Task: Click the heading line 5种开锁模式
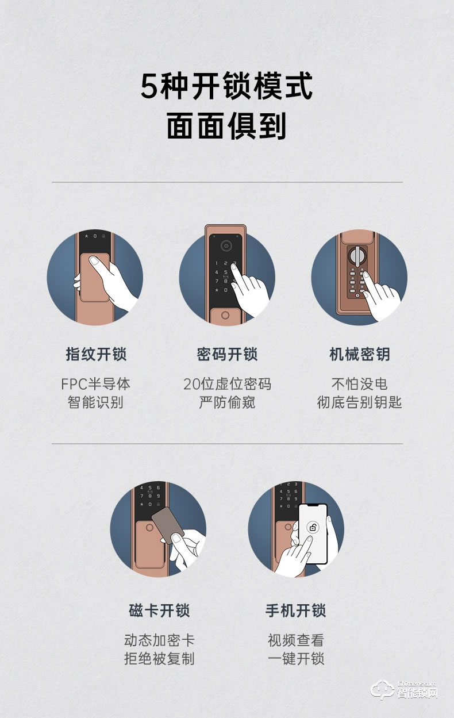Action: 227,86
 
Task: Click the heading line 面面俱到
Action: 227,126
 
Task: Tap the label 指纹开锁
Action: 95,354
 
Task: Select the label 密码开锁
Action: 227,354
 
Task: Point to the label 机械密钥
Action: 359,354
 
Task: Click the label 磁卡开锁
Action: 159,611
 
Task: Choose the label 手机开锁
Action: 295,611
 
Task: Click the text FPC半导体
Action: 95,384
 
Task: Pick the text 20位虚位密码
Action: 227,384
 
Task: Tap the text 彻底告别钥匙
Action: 359,402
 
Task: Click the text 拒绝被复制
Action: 159,659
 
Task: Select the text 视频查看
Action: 295,640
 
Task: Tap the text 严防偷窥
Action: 227,402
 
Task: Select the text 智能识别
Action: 95,402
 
